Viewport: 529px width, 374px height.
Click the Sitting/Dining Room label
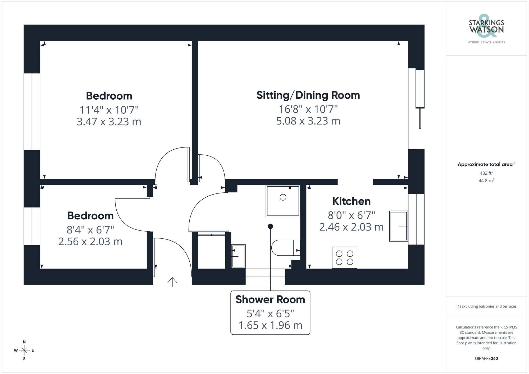[x=308, y=95]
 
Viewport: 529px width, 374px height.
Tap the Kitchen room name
[x=351, y=201]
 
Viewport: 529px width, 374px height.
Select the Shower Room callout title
[x=270, y=299]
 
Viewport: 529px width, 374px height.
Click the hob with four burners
[x=344, y=258]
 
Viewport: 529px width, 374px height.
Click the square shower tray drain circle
[x=283, y=197]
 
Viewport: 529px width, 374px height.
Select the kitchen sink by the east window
[x=399, y=226]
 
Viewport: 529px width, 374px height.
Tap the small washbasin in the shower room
[x=238, y=256]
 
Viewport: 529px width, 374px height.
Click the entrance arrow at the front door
[x=172, y=282]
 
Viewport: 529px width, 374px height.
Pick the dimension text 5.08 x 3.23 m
[x=308, y=121]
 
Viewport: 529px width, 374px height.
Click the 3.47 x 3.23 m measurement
[x=109, y=122]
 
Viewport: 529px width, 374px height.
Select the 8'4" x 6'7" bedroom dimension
[x=90, y=230]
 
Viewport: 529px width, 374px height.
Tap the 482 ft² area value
[x=486, y=173]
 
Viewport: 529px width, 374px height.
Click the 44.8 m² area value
[x=486, y=181]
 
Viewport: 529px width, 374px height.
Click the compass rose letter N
[x=24, y=342]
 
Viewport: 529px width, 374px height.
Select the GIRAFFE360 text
[x=486, y=359]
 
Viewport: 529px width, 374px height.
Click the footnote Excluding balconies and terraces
[x=486, y=307]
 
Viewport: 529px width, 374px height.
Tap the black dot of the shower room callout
[x=270, y=226]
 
